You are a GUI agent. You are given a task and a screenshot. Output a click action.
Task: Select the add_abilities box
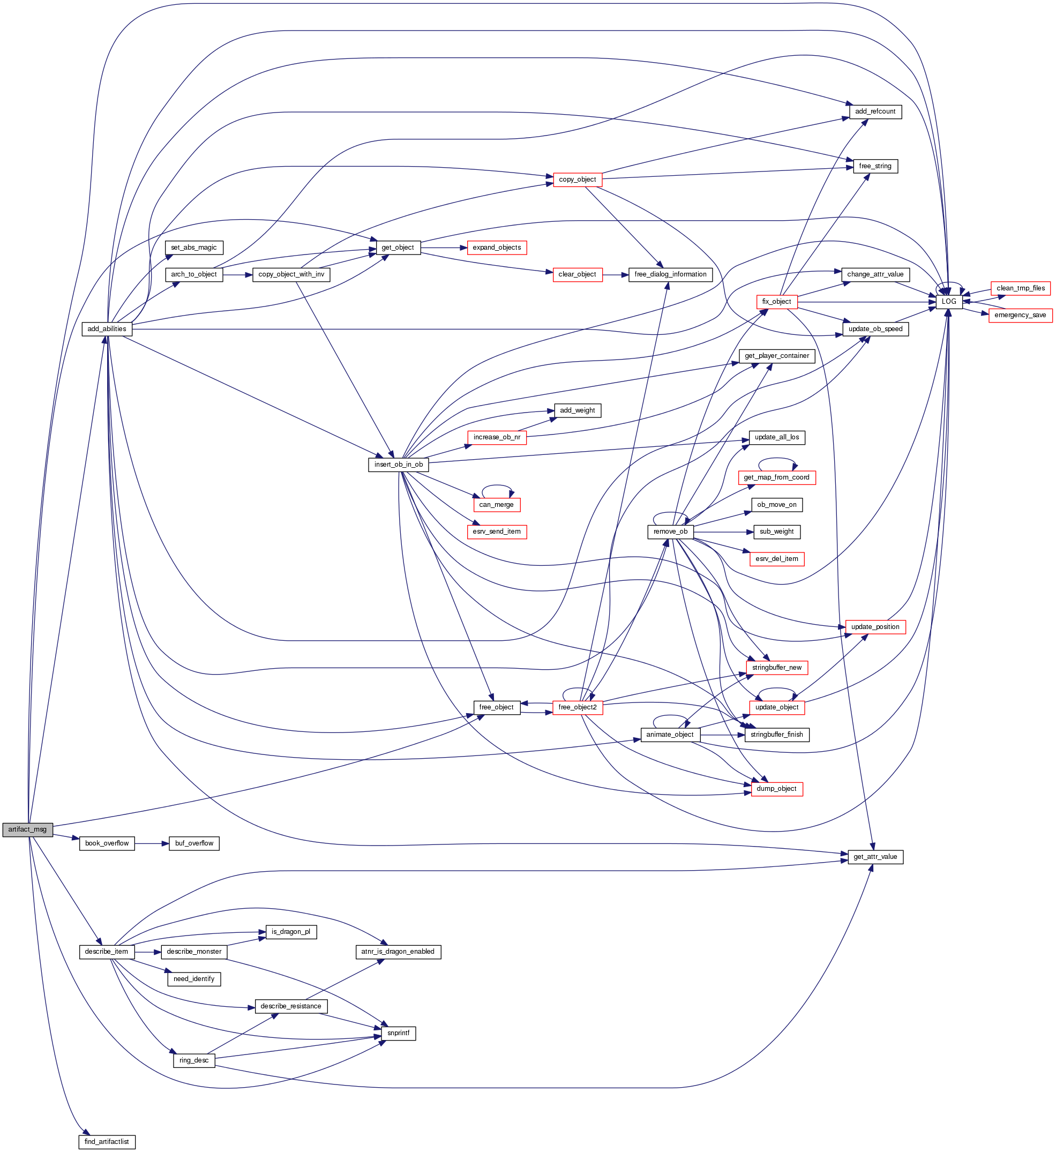coord(107,329)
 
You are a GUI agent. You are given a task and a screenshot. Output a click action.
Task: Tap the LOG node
coord(948,302)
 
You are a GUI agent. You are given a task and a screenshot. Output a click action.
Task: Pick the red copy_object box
coord(577,179)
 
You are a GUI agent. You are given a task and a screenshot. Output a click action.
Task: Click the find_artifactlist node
coord(106,1142)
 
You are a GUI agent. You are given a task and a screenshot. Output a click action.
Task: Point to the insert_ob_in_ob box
coord(398,465)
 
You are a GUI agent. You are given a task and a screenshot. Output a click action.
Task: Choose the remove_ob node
coord(670,532)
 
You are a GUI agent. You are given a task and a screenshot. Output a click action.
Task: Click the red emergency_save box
coord(1020,316)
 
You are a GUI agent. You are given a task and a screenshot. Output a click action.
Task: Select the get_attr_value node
coord(875,857)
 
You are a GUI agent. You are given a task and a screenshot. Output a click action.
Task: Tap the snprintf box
coord(398,1033)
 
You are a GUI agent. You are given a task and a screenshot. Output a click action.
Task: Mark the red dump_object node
coord(776,789)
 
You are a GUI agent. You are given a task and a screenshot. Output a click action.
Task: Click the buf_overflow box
coord(194,843)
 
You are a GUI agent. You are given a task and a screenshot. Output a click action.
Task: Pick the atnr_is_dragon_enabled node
coord(398,952)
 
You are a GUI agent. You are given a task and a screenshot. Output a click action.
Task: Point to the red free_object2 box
coord(577,707)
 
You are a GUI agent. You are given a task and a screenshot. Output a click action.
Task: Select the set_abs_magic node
coord(194,248)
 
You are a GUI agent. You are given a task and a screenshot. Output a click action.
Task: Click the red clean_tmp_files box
coord(1021,289)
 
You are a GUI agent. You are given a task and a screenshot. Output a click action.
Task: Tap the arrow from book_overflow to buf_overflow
coord(152,843)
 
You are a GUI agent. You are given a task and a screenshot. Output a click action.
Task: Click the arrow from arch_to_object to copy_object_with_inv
coord(238,275)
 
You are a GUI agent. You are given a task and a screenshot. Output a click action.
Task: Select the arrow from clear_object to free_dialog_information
coord(616,275)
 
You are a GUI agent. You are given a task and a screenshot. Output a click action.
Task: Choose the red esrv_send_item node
coord(497,532)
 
